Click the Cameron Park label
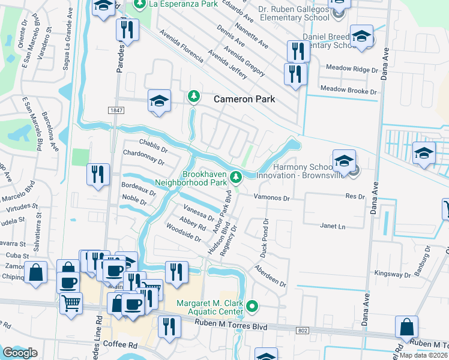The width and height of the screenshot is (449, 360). tap(245, 99)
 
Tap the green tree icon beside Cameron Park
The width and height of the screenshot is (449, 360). tap(193, 96)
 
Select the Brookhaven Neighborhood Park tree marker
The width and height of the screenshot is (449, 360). tap(237, 177)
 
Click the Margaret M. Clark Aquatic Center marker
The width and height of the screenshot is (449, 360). tap(253, 307)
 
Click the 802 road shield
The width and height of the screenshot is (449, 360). tap(303, 329)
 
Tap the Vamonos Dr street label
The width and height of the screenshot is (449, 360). tap(273, 197)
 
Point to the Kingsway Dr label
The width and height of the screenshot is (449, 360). tap(391, 273)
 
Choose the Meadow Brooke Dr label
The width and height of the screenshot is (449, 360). tap(348, 90)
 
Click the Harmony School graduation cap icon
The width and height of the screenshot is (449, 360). tap(344, 161)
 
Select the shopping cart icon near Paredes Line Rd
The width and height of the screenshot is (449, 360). tap(71, 303)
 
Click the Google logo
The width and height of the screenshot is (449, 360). tap(20, 353)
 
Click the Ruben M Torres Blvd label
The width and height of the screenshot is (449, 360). tap(232, 325)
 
